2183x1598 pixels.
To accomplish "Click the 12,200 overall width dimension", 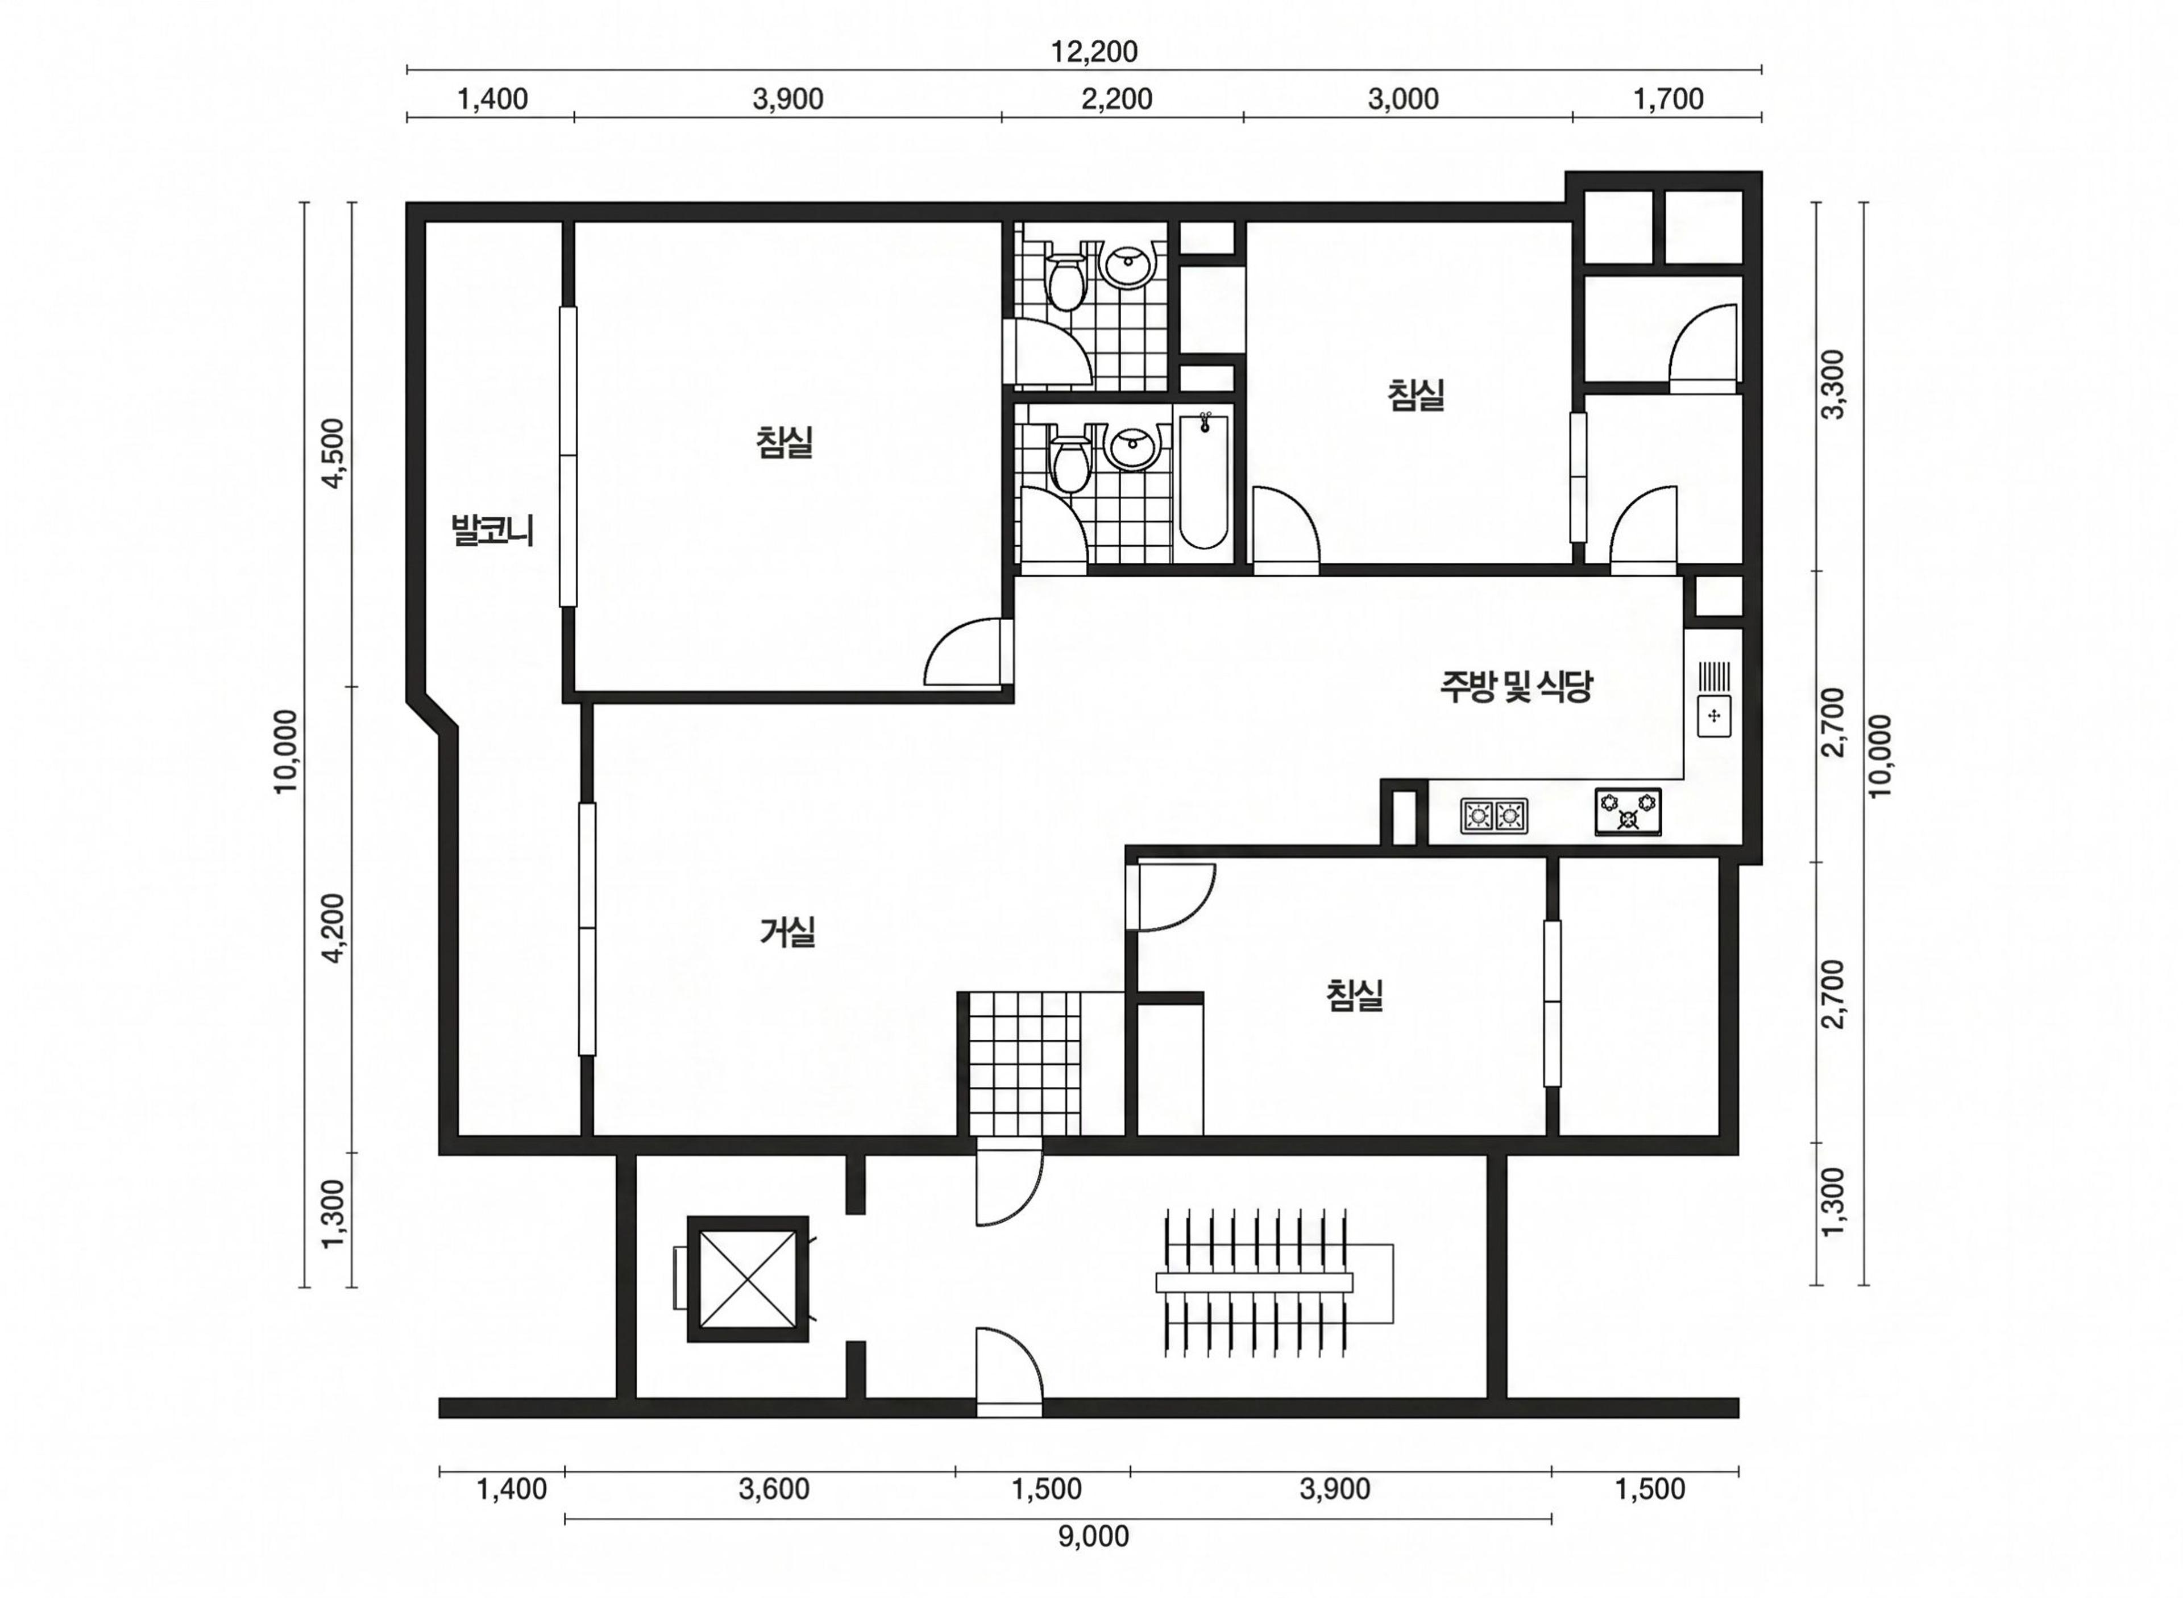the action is click(x=1094, y=51).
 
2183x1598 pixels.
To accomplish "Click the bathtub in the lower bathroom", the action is click(x=1204, y=481).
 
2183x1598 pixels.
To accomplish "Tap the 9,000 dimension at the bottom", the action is click(x=1093, y=1536).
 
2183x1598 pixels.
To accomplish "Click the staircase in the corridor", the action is click(x=1275, y=1282).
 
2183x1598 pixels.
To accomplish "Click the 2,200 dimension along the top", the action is click(x=1117, y=99).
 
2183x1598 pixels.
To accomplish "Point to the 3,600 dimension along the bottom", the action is click(x=774, y=1489).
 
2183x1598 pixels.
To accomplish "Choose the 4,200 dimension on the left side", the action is click(x=333, y=927).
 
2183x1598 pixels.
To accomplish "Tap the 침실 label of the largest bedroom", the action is click(x=785, y=442).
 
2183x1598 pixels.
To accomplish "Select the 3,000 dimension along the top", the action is click(x=1404, y=99).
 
